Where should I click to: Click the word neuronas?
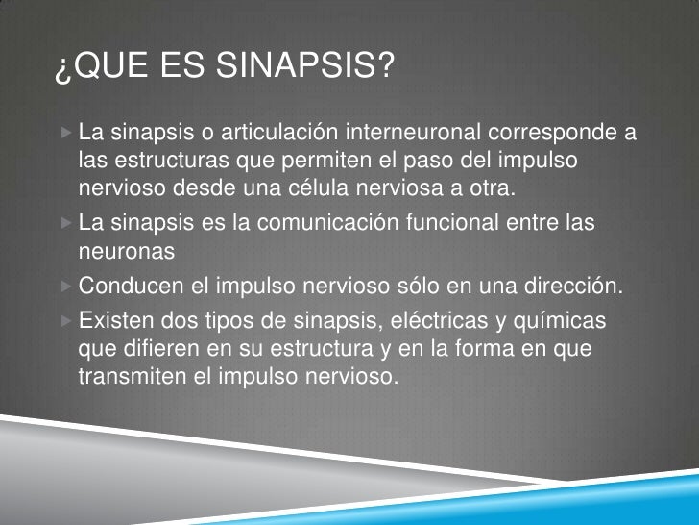(x=126, y=251)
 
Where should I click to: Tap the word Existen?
(x=118, y=319)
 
